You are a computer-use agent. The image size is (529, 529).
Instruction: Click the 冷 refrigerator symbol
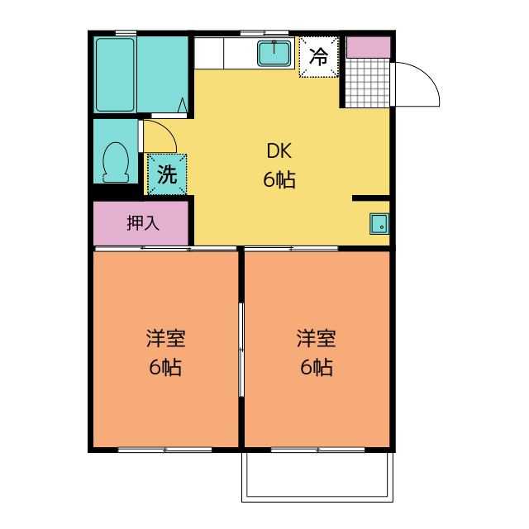click(318, 56)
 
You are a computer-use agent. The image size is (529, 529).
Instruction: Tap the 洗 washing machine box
click(167, 174)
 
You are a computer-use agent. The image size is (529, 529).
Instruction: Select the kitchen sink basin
click(274, 53)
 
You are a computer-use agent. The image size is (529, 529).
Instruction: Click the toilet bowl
click(115, 160)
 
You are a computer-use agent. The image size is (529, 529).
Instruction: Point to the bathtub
click(115, 74)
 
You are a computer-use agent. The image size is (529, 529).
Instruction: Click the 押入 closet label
click(142, 222)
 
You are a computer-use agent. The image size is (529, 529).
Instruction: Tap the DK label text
click(279, 151)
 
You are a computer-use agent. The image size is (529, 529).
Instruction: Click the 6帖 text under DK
click(279, 179)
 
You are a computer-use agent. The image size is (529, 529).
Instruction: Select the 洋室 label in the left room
click(165, 339)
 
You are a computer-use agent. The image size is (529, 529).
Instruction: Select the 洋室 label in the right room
click(316, 339)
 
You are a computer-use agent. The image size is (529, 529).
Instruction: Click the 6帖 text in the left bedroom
click(165, 368)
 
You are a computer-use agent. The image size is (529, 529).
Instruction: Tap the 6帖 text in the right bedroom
click(316, 368)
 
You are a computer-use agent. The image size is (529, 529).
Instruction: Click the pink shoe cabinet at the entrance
click(367, 47)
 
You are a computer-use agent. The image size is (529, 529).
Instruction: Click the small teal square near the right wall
click(379, 223)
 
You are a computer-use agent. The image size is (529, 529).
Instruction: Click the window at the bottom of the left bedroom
click(165, 450)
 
